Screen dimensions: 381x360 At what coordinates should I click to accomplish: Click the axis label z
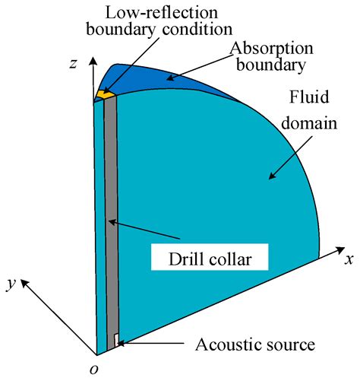click(x=74, y=64)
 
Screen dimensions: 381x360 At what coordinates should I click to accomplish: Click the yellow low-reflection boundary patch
click(x=103, y=94)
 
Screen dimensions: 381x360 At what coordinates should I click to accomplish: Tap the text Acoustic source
click(x=254, y=344)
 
